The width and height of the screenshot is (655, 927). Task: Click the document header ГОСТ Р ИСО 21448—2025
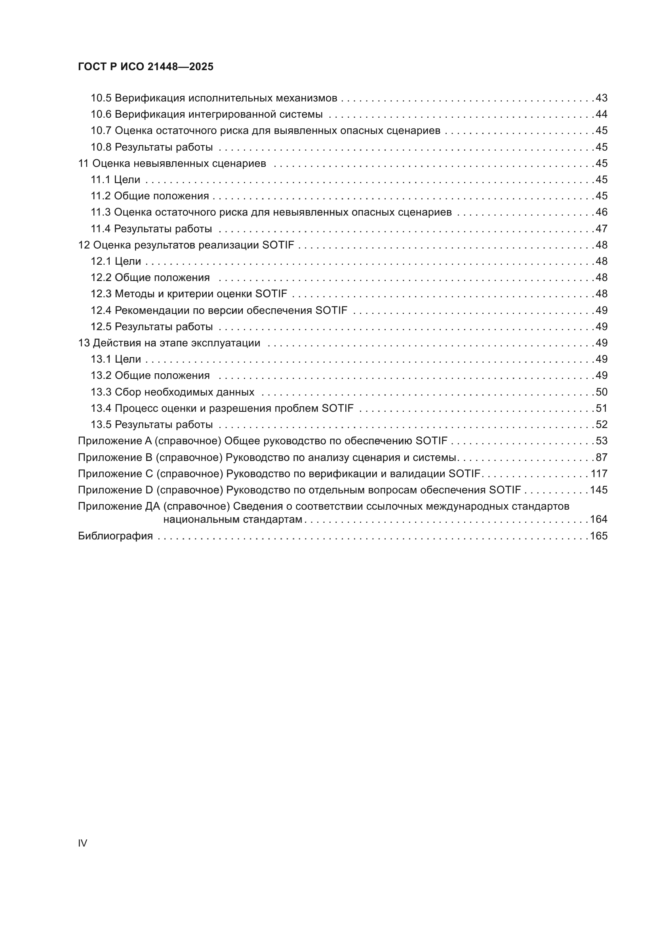click(x=146, y=67)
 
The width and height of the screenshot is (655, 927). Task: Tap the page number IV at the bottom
click(x=82, y=843)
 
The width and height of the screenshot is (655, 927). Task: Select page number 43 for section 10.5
click(x=602, y=98)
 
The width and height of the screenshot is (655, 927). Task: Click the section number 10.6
click(x=101, y=114)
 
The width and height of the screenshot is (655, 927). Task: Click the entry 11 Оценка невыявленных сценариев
click(x=172, y=163)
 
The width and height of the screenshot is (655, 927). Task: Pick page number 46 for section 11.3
click(x=602, y=212)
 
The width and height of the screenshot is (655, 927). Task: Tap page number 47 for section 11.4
click(x=602, y=229)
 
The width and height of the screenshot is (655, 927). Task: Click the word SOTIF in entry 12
click(x=278, y=245)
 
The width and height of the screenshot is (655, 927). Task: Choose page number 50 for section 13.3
click(x=602, y=392)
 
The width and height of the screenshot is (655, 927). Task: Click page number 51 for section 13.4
click(x=602, y=408)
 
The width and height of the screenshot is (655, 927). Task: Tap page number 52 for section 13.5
click(x=602, y=424)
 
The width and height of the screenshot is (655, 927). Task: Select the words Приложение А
click(x=115, y=441)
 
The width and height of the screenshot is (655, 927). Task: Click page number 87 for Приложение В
click(x=602, y=457)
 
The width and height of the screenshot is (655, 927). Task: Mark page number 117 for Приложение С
click(x=599, y=473)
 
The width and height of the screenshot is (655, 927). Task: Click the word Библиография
click(x=115, y=536)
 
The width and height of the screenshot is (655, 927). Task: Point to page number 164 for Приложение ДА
click(x=599, y=519)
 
